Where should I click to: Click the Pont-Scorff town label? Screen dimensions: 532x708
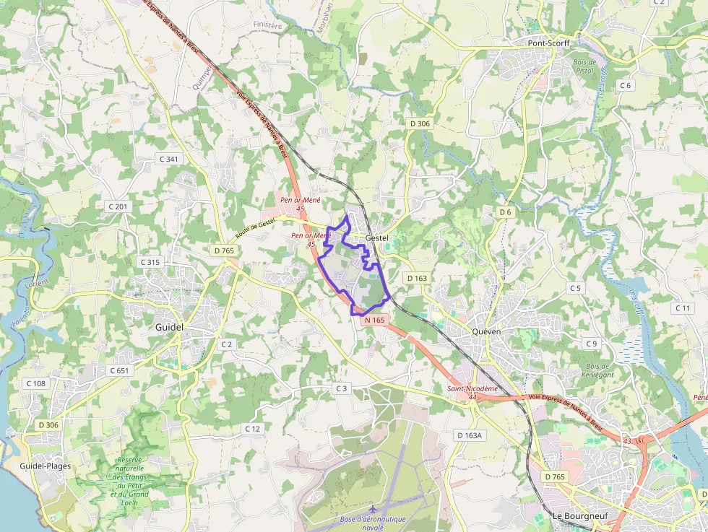[x=548, y=43]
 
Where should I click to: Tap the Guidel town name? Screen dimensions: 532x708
[x=170, y=327]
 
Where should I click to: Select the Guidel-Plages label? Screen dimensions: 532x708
[x=46, y=466]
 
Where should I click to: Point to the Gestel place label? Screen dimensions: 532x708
[x=377, y=237]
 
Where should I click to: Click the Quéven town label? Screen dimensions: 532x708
[x=486, y=331]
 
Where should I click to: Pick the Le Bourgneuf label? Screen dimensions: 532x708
[x=577, y=516]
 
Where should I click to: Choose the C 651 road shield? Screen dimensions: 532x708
[x=119, y=370]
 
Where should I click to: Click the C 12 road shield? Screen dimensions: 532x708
[x=252, y=429]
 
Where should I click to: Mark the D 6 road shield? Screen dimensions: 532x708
[x=505, y=212]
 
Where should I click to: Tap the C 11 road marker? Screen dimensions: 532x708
[x=683, y=308]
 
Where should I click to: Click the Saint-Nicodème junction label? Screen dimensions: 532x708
[x=472, y=388]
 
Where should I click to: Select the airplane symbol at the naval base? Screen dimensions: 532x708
[x=373, y=509]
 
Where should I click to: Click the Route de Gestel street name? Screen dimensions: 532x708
[x=256, y=230]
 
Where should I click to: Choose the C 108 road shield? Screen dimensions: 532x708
[x=35, y=383]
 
